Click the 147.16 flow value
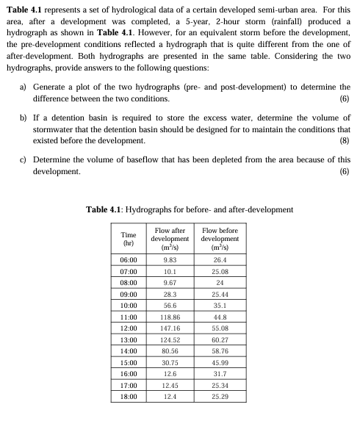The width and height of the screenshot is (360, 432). (170, 326)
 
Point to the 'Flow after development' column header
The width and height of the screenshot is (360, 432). (170, 239)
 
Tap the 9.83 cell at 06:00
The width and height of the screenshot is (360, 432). (170, 259)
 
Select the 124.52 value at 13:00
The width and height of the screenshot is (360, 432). (170, 339)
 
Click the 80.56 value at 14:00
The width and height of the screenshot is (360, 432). (170, 353)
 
